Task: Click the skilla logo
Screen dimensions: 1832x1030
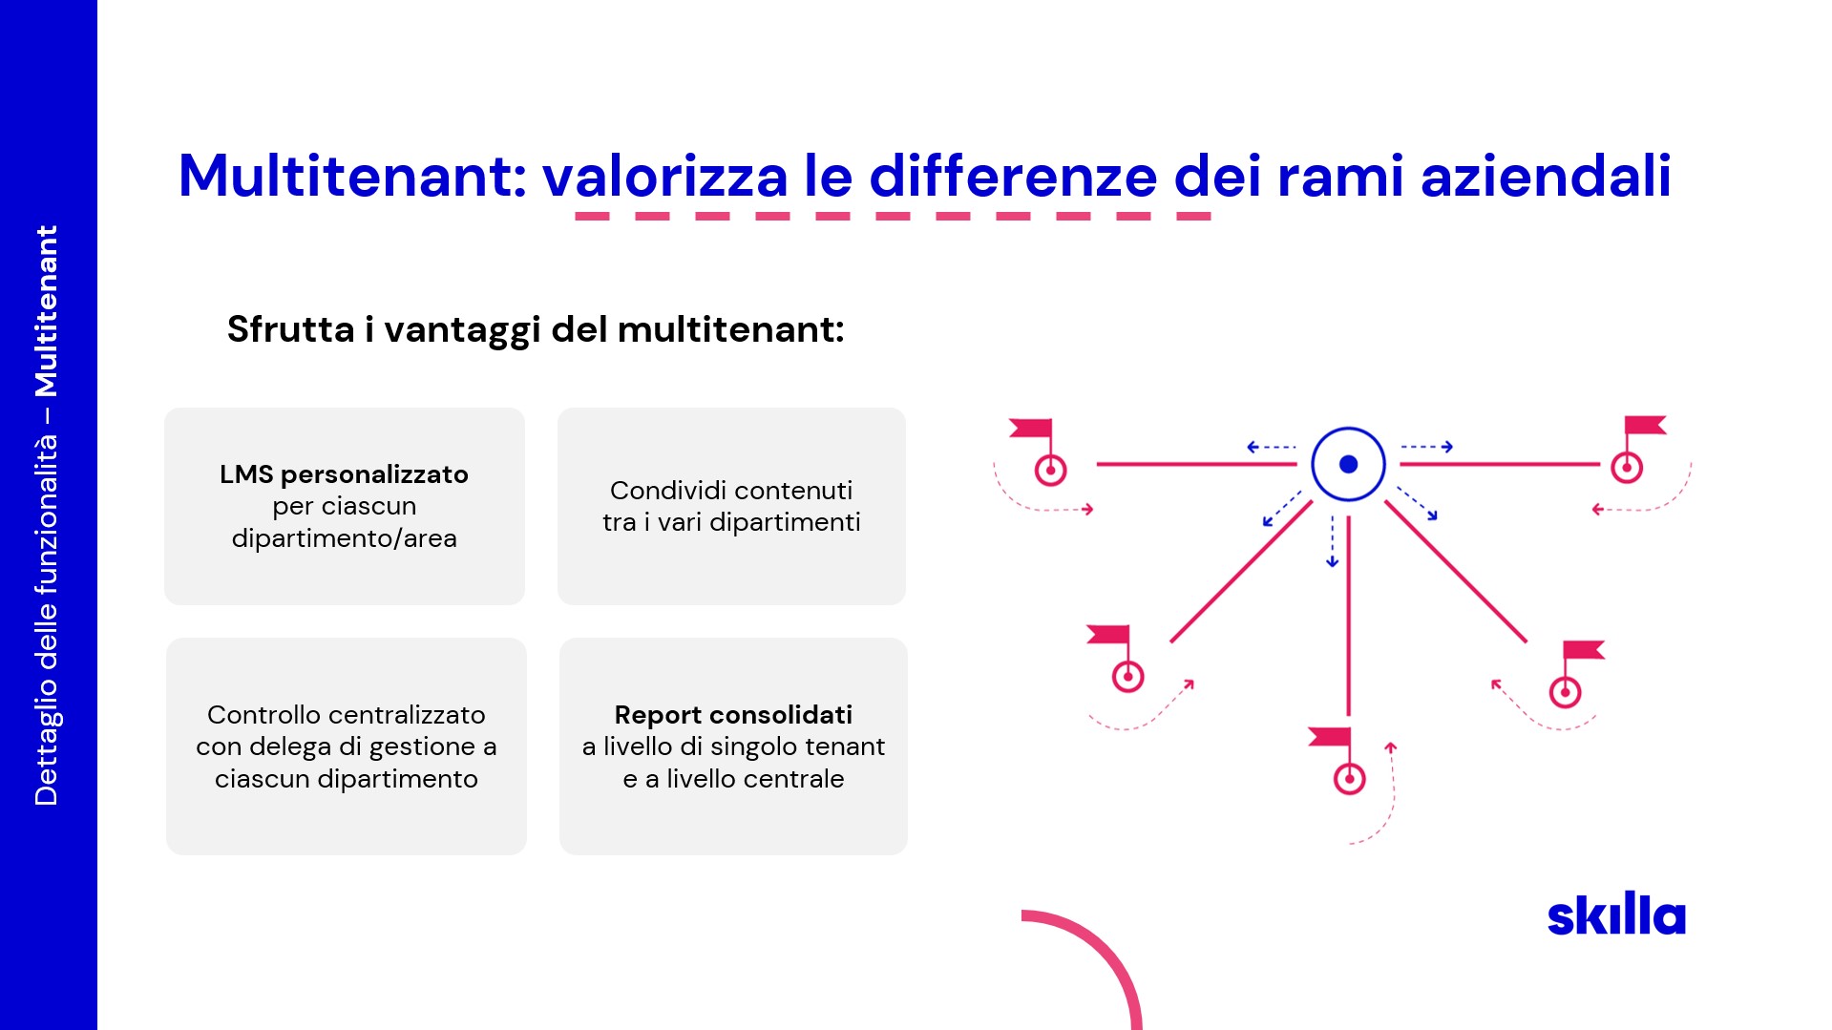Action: click(x=1616, y=914)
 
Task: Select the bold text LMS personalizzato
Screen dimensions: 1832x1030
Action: click(x=344, y=474)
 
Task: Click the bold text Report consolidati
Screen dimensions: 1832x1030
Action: click(x=733, y=715)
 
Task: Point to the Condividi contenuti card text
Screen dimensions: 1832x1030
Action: click(x=731, y=506)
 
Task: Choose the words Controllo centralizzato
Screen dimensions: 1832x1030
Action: click(x=346, y=715)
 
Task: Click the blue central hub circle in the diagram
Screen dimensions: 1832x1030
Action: click(x=1348, y=464)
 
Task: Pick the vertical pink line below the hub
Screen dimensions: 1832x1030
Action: click(x=1348, y=616)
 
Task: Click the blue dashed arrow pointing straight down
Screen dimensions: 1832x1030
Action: click(x=1333, y=541)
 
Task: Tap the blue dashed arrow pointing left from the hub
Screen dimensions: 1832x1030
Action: click(x=1272, y=447)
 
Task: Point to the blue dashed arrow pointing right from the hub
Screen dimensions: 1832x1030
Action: click(x=1427, y=447)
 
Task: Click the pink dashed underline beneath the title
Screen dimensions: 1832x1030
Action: click(x=893, y=217)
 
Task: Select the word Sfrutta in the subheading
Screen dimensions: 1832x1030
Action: click(x=291, y=329)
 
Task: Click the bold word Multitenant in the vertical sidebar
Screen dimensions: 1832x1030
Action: click(x=46, y=311)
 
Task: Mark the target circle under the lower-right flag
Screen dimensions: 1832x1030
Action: click(x=1565, y=692)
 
